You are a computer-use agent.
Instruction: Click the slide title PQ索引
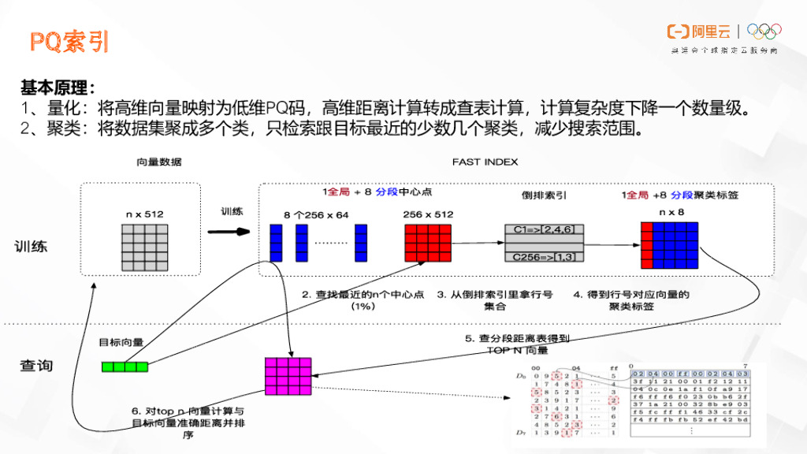coord(69,41)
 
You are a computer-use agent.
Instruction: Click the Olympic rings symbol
coord(764,32)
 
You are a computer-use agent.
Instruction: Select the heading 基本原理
coord(58,87)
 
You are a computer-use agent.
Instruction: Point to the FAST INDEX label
coord(485,162)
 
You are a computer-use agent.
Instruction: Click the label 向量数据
coord(159,162)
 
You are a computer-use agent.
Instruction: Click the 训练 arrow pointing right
coord(229,232)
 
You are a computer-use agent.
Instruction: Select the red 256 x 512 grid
coord(427,242)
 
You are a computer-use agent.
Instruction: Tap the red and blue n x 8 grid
coord(670,246)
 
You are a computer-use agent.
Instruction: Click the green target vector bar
coord(125,366)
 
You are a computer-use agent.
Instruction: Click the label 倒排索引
coord(538,194)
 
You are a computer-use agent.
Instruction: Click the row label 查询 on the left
coord(36,366)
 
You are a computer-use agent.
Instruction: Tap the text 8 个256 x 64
coord(315,214)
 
